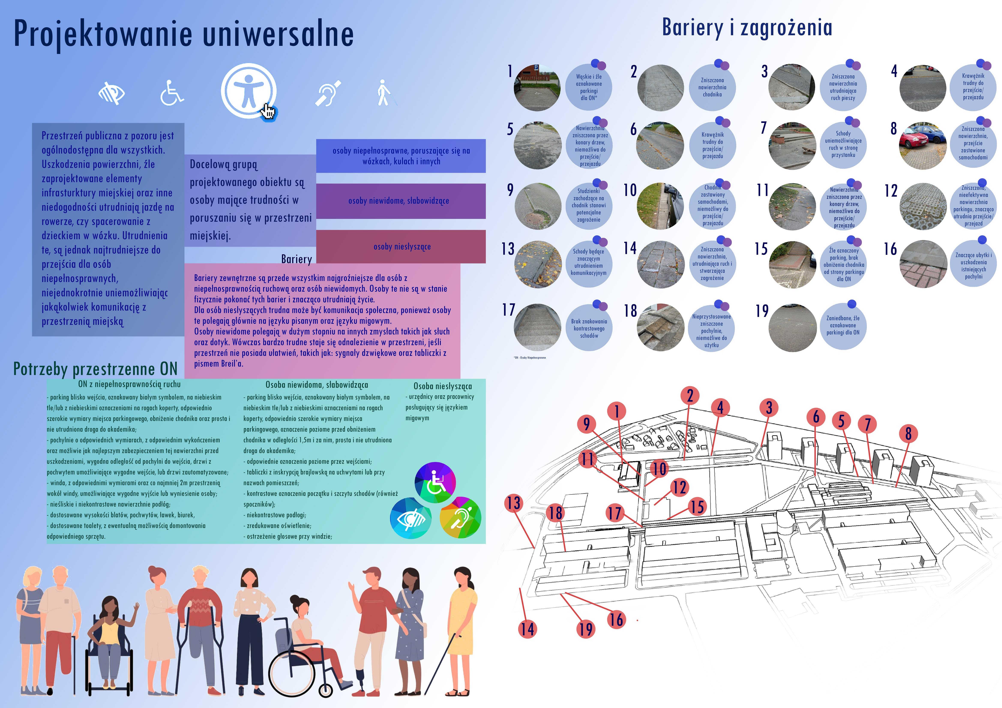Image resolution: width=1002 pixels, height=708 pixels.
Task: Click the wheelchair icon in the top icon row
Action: coord(171,93)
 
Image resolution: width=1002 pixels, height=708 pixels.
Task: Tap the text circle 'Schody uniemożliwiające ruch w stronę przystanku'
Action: coord(843,144)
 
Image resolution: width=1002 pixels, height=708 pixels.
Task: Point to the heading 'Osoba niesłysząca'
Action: coord(443,386)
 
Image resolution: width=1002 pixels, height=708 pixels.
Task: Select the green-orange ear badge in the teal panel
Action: coord(460,518)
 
